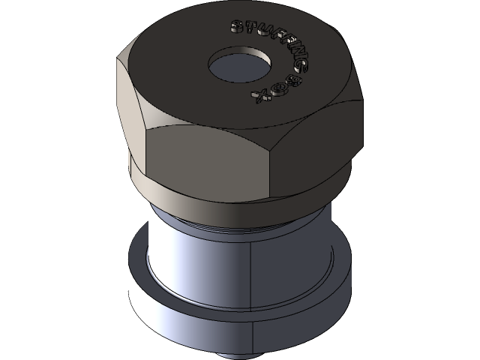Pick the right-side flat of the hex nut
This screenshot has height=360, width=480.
coord(322,142)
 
